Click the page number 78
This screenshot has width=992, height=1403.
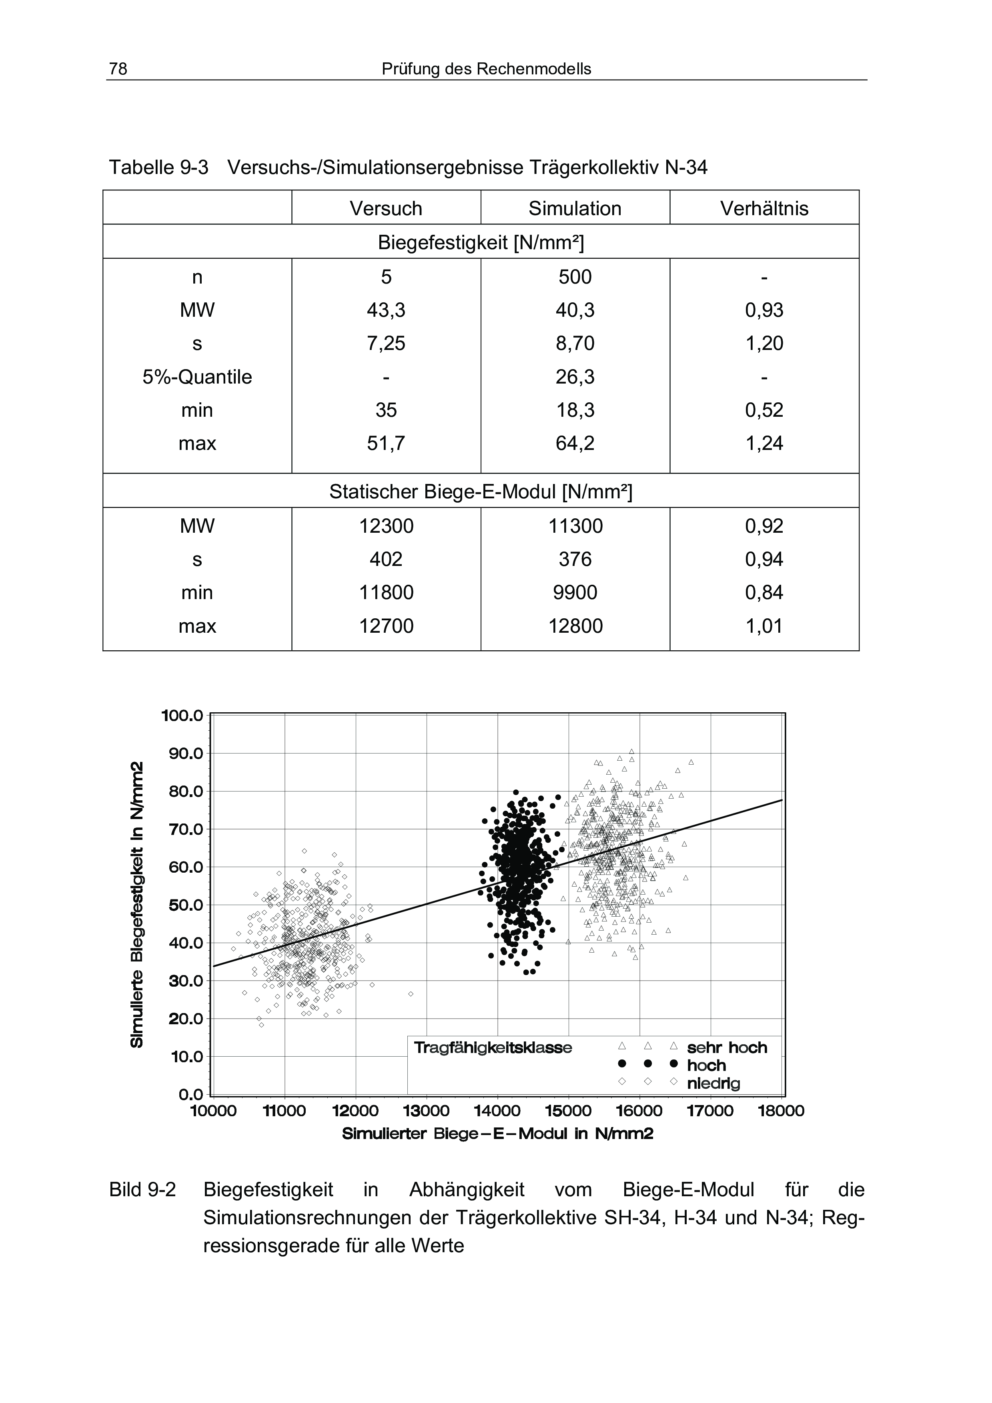(118, 69)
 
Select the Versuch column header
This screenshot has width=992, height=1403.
(386, 208)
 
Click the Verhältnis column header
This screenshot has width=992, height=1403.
(764, 208)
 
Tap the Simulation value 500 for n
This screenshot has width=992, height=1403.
(575, 278)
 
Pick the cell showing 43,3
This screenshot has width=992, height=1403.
(386, 310)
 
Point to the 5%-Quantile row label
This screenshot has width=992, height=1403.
(197, 377)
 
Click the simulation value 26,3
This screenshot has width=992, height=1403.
(575, 377)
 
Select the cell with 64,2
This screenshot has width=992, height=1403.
(575, 443)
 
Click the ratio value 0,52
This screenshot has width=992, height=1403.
(764, 410)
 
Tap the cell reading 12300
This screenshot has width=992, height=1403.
(386, 526)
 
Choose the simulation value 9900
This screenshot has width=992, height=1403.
(575, 593)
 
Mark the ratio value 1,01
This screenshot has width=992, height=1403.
(764, 626)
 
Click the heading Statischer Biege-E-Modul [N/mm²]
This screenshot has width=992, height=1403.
(481, 492)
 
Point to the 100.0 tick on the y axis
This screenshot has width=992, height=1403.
(182, 715)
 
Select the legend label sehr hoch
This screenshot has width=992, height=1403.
(727, 1047)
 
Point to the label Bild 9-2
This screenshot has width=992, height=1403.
(142, 1190)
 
